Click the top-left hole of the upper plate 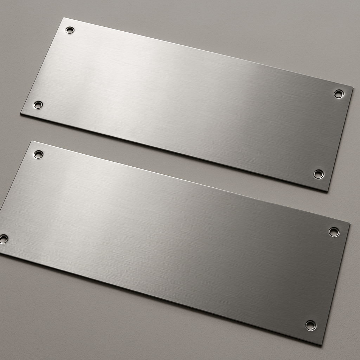pyautogui.click(x=70, y=30)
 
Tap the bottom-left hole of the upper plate pyautogui.click(x=38, y=105)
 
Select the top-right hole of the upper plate pyautogui.click(x=339, y=94)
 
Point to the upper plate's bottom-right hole pyautogui.click(x=319, y=174)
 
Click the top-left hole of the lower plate pyautogui.click(x=38, y=154)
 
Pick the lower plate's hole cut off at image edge pyautogui.click(x=3, y=239)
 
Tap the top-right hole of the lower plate pyautogui.click(x=334, y=232)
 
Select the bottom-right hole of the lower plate pyautogui.click(x=310, y=325)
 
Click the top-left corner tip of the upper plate pyautogui.click(x=64, y=18)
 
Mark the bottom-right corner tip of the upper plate pyautogui.click(x=328, y=191)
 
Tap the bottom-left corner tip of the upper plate pyautogui.click(x=21, y=114)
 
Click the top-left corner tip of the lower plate pyautogui.click(x=32, y=141)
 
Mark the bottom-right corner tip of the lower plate pyautogui.click(x=321, y=345)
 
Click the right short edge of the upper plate pyautogui.click(x=340, y=139)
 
